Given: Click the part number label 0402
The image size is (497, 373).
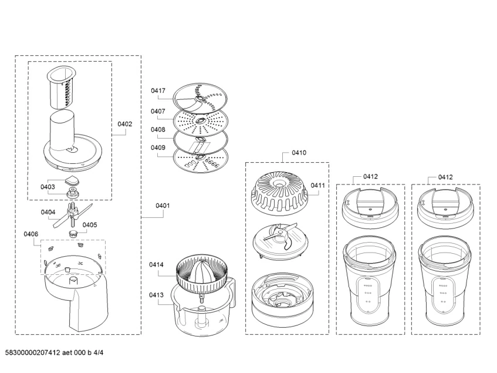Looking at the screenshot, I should tap(124, 124).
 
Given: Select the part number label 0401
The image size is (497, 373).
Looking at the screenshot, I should tap(163, 206).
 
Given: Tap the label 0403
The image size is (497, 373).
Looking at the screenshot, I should tap(48, 187).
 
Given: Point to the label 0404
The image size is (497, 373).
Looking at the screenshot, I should tap(48, 212).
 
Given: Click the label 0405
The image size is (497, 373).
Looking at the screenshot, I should tap(90, 224).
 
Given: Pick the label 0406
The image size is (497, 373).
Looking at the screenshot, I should tap(31, 234).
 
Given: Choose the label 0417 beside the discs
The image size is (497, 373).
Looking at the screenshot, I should tap(158, 91).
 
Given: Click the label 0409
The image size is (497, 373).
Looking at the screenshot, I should tap(158, 147).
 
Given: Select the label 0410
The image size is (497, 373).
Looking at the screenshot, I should tap(299, 153).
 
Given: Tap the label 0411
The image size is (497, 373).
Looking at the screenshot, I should tap(317, 186).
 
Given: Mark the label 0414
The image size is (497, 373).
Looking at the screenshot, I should tap(155, 265).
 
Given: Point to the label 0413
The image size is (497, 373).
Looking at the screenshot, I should tap(155, 295).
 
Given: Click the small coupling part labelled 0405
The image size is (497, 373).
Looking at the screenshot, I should tap(74, 233).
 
